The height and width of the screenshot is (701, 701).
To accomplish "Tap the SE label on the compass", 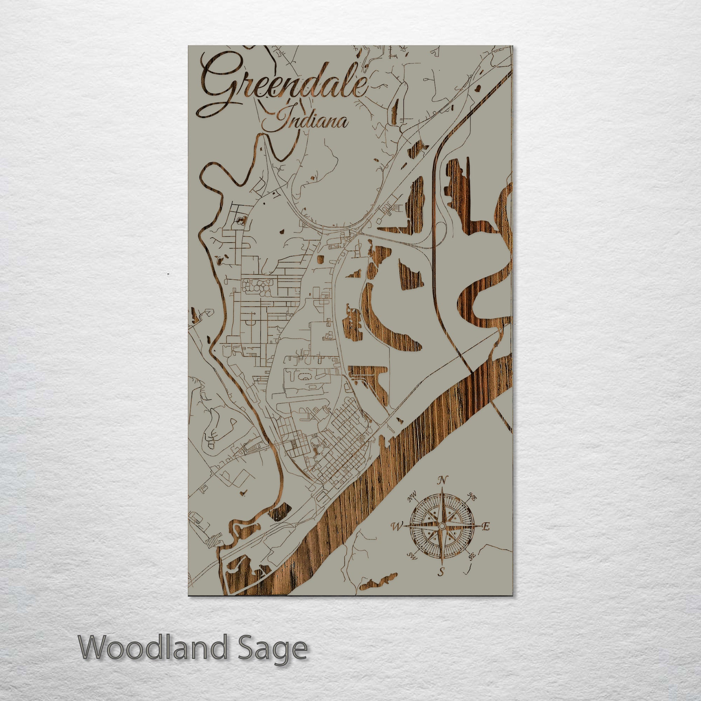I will tap(472, 556).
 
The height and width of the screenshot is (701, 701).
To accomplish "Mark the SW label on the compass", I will tap(411, 555).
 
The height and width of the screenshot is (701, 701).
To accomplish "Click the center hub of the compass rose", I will tap(442, 526).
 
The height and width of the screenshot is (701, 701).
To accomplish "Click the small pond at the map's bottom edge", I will tap(377, 585).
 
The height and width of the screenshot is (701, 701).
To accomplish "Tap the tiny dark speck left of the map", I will tap(168, 272).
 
